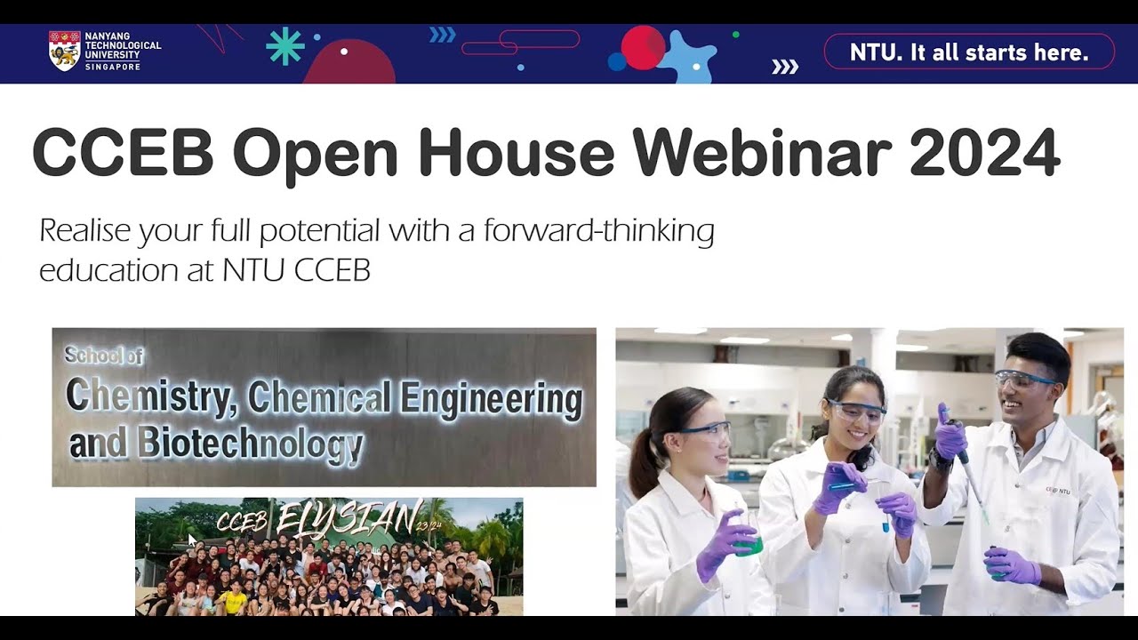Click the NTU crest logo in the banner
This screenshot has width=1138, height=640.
click(x=64, y=50)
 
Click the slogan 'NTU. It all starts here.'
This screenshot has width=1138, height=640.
click(x=969, y=52)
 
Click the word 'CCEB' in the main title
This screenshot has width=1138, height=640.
click(x=123, y=153)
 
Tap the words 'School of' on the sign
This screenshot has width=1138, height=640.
click(x=103, y=356)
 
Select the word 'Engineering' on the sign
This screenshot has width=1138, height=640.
click(x=492, y=398)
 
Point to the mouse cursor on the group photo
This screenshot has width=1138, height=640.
click(x=192, y=540)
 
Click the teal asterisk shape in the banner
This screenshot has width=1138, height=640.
click(x=285, y=46)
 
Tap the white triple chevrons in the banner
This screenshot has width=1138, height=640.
click(x=784, y=67)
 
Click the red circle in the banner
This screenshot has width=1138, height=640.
click(x=643, y=47)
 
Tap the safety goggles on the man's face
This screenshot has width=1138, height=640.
click(x=1023, y=380)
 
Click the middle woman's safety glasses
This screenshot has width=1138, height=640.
click(x=856, y=411)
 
